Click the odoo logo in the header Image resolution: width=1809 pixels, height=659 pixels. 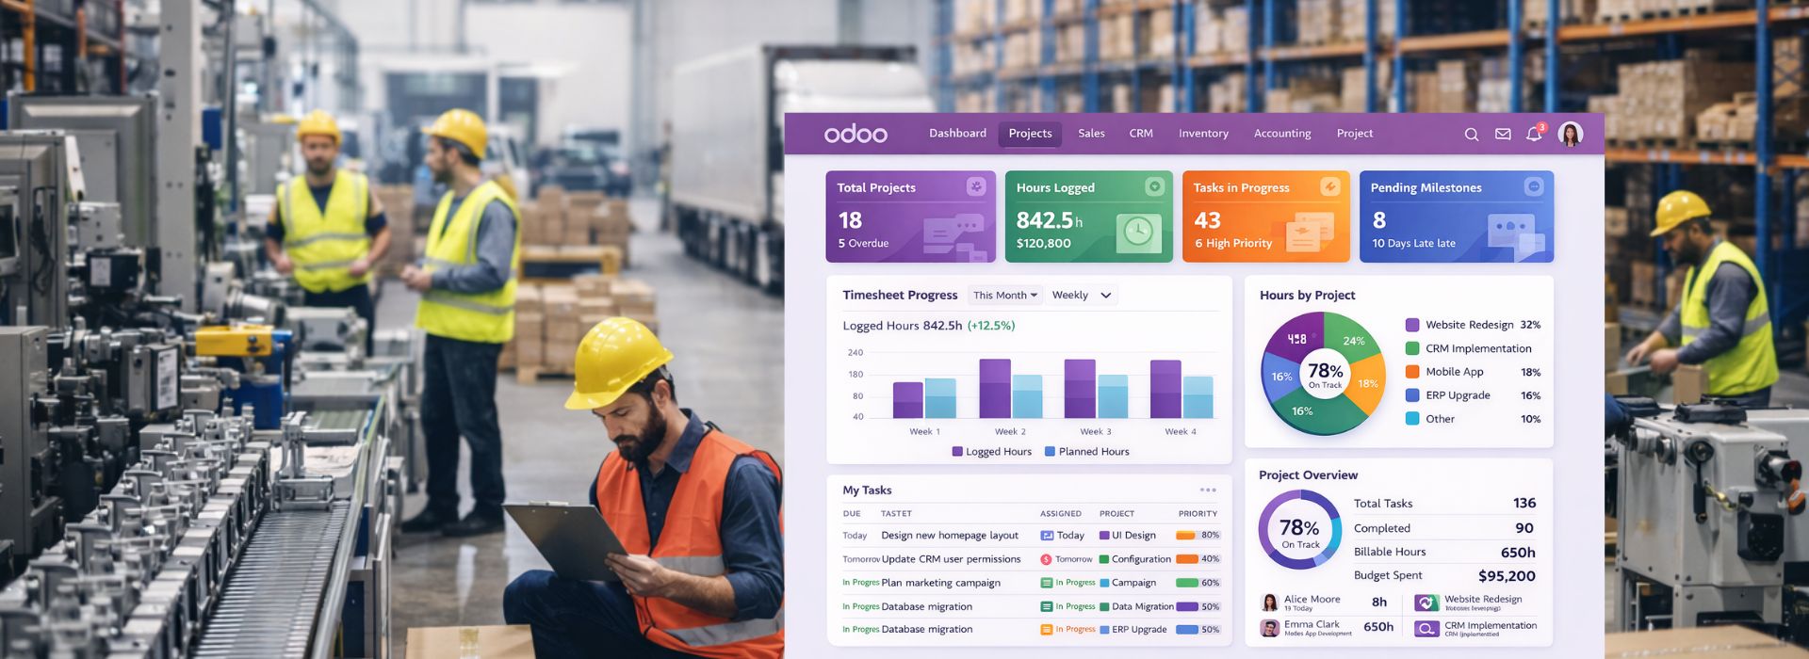point(856,134)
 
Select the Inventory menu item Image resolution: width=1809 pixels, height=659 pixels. point(1203,134)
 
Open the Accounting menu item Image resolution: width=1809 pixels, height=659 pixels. point(1281,134)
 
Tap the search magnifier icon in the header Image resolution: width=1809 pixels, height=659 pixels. point(1471,135)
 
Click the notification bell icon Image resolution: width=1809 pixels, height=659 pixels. point(1533,135)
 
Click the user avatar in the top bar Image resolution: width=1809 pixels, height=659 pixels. point(1570,135)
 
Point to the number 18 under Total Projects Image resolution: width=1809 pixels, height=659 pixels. point(850,220)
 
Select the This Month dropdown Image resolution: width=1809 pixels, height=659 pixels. point(1004,296)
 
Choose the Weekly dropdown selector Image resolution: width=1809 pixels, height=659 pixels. point(1082,296)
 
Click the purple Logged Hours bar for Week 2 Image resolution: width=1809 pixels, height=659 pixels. point(995,388)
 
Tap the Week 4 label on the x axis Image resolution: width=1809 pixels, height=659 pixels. point(1180,432)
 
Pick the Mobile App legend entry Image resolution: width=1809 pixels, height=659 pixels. point(1454,372)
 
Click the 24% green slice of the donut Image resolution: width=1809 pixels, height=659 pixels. point(1352,340)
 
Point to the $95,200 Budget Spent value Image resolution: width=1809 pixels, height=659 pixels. point(1506,576)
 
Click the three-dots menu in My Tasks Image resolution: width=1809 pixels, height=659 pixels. point(1208,490)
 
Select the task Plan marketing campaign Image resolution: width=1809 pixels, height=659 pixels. point(940,583)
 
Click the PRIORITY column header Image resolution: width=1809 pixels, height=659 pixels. point(1198,514)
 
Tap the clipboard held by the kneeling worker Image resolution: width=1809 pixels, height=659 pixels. point(565,540)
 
